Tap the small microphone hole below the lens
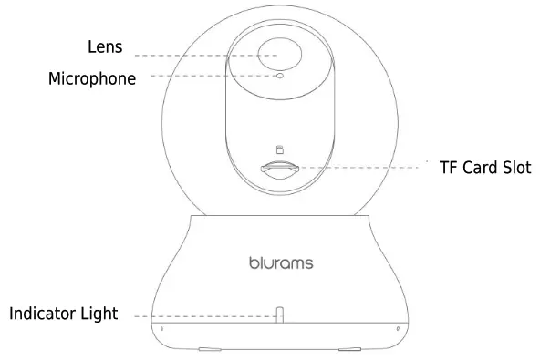pyautogui.click(x=280, y=77)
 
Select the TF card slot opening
pyautogui.click(x=279, y=169)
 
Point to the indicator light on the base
pyautogui.click(x=281, y=314)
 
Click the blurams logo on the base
pyautogui.click(x=281, y=263)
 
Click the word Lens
pyautogui.click(x=105, y=46)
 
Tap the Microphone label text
pyautogui.click(x=92, y=78)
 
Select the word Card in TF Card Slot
pyautogui.click(x=483, y=168)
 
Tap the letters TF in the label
pyautogui.click(x=448, y=168)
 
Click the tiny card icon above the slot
pyautogui.click(x=280, y=149)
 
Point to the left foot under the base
pyautogui.click(x=209, y=348)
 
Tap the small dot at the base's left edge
pyautogui.click(x=161, y=328)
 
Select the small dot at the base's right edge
pyautogui.click(x=398, y=328)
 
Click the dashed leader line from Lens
pyautogui.click(x=201, y=55)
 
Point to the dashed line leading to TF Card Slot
pyautogui.click(x=365, y=167)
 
